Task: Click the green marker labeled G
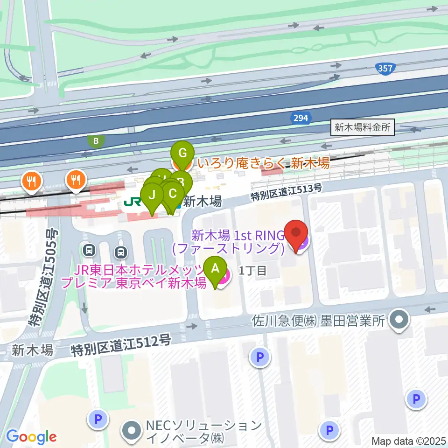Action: coord(182,153)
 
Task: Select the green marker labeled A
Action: coord(215,268)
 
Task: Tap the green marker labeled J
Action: coord(152,195)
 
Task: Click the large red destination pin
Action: coord(297,233)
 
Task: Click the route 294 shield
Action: coord(301,118)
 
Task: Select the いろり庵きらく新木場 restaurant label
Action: coord(264,163)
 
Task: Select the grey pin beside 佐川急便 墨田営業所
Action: coord(399,321)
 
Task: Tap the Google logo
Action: coord(31,437)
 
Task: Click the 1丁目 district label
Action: coord(252,271)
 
